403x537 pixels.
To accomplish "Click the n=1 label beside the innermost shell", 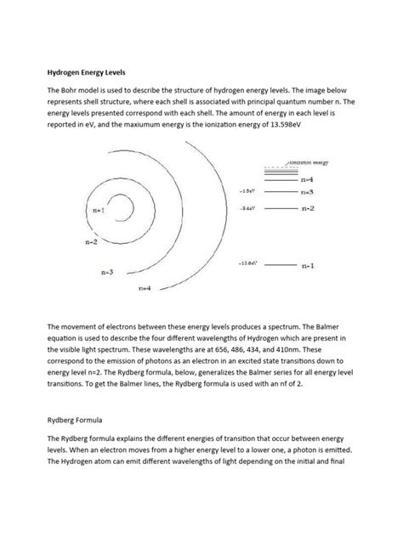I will click(99, 210).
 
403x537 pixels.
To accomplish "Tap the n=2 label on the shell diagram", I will click(92, 241).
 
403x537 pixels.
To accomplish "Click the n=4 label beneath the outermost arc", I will click(145, 288).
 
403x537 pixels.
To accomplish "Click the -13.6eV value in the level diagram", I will click(249, 263).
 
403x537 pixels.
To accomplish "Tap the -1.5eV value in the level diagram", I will click(249, 192).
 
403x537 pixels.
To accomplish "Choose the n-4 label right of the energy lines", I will click(308, 180).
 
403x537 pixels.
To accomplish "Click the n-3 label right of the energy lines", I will click(308, 193).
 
